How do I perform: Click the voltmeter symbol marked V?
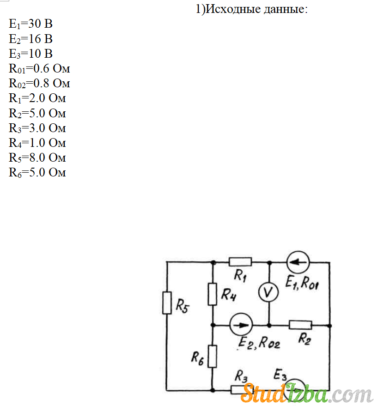tap(268, 292)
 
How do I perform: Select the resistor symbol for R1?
tap(240, 262)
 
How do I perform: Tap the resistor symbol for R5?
tap(167, 303)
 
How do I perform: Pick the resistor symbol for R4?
tap(213, 294)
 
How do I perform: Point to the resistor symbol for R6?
tap(212, 356)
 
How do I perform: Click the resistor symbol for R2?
tap(300, 325)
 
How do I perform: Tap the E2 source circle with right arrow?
tap(241, 325)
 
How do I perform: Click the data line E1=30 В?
tap(31, 24)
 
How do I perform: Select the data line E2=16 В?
tap(31, 38)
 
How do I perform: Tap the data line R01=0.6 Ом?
tap(39, 69)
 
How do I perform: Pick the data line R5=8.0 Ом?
tap(37, 158)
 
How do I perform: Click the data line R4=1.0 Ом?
tap(37, 143)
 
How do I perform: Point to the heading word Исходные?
tap(233, 9)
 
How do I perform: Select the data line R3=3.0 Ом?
tap(37, 128)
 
